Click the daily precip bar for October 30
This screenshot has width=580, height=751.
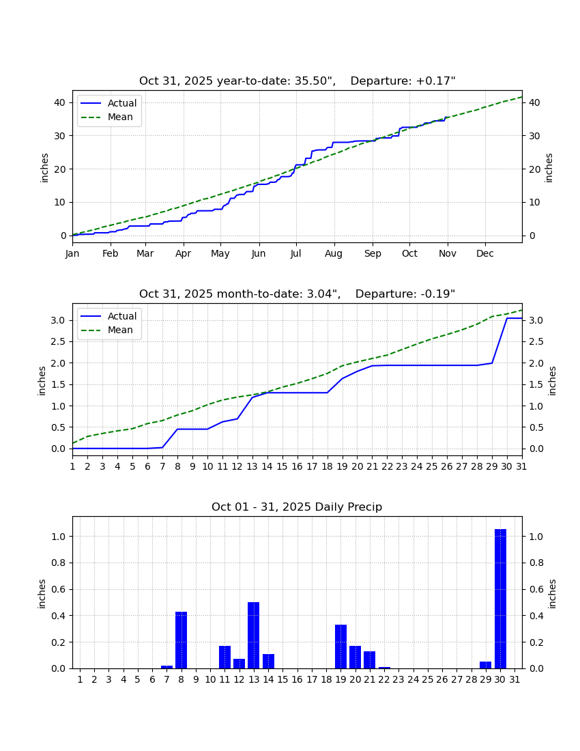500,599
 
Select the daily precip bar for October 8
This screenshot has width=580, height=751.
181,640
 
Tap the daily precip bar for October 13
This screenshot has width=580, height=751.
254,635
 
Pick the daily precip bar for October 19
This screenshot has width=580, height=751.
340,647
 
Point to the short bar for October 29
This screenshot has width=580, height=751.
486,665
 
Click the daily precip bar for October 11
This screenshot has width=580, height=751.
224,657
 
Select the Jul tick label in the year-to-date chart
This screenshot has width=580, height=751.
295,253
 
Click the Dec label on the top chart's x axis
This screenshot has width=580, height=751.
484,253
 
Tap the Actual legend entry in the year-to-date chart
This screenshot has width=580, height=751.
108,103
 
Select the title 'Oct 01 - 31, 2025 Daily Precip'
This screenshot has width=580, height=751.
297,507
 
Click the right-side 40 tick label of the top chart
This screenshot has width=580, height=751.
534,102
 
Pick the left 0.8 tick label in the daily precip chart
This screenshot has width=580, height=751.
59,563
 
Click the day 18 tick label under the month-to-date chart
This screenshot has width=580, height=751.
327,466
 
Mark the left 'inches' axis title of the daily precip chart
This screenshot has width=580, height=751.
42,594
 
